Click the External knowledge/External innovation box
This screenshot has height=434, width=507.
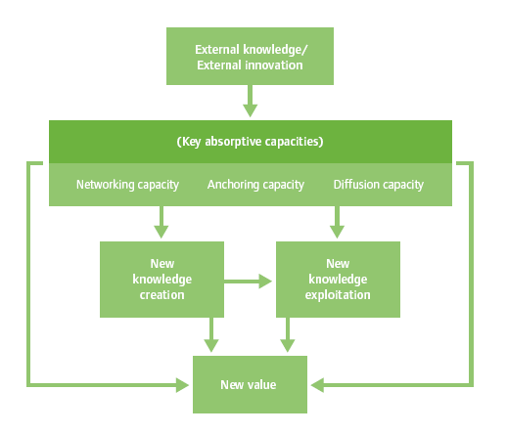click(250, 57)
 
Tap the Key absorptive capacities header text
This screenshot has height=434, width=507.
click(250, 142)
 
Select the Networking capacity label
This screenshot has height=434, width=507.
click(127, 185)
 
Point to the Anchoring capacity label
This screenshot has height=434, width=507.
click(255, 185)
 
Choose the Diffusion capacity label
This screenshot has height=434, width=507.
click(379, 185)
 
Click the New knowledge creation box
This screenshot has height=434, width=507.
click(161, 280)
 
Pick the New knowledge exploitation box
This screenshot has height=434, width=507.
click(338, 280)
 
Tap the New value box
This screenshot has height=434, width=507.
click(250, 384)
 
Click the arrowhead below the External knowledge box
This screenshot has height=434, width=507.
click(251, 110)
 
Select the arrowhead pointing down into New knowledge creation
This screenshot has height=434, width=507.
click(161, 232)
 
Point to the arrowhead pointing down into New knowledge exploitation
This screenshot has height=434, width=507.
click(337, 232)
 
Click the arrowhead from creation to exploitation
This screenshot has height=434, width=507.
click(265, 282)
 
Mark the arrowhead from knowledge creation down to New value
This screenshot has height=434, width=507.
click(211, 346)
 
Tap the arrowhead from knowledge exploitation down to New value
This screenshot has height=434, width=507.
click(288, 346)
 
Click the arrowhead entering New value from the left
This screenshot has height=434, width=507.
click(183, 385)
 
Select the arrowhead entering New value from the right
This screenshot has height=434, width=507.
click(317, 385)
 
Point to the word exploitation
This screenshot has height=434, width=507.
click(338, 295)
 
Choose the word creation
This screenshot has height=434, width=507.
click(162, 295)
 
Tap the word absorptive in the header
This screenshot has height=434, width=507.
click(233, 142)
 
